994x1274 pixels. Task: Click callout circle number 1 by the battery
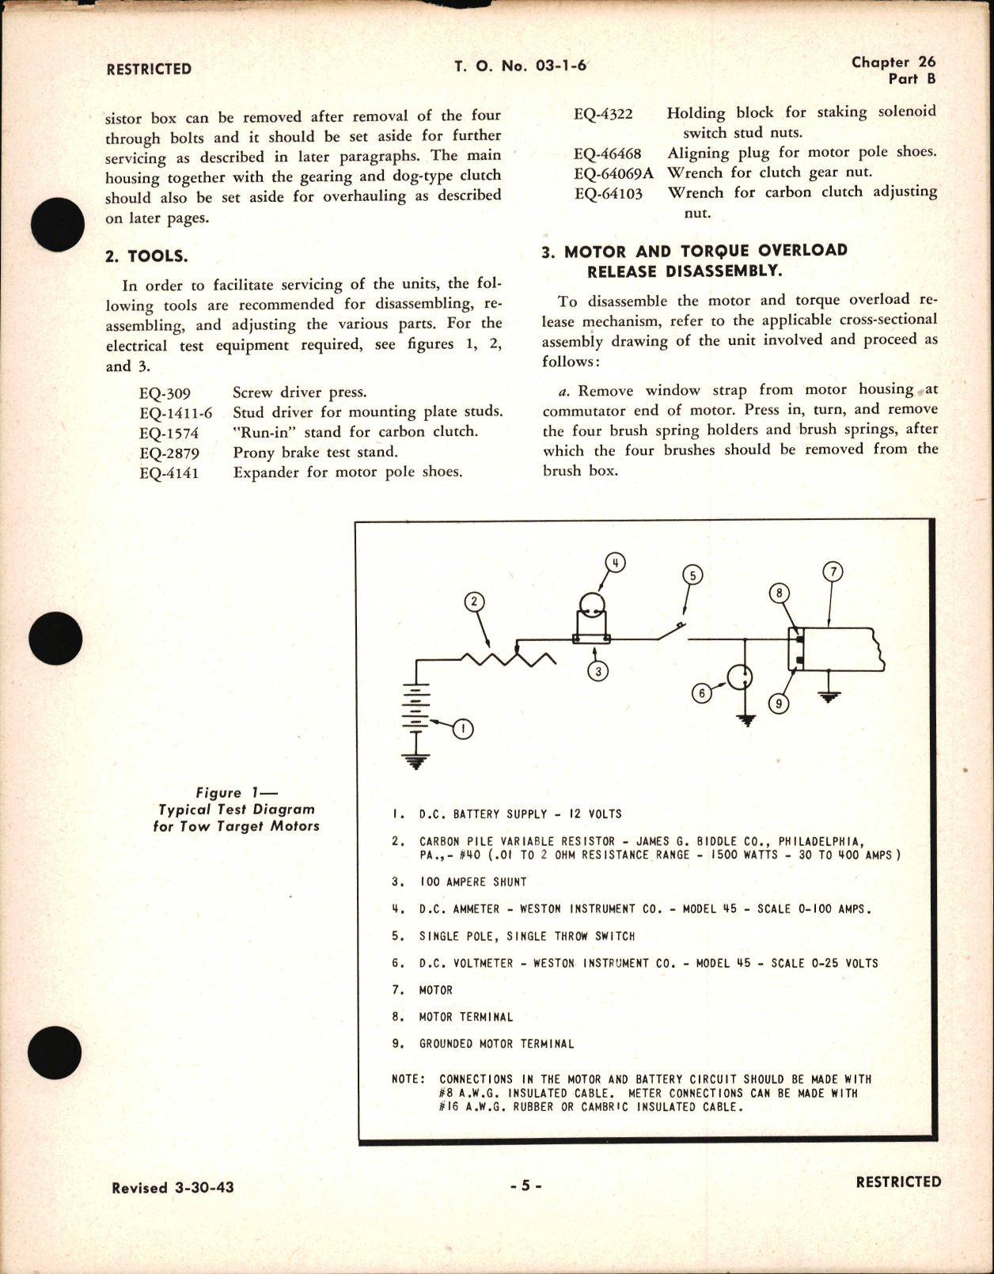(x=462, y=729)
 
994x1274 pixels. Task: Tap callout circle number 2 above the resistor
(x=474, y=602)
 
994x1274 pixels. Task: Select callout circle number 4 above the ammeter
(x=615, y=563)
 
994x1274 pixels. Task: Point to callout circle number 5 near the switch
(x=692, y=575)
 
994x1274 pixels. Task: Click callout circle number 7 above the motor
(x=833, y=571)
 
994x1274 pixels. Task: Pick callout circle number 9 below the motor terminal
(x=779, y=703)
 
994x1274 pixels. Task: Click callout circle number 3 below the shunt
(x=598, y=671)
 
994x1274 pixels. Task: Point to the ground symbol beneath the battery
(x=416, y=761)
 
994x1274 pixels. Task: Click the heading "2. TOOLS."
(x=146, y=256)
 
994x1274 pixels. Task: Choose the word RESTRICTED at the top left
(x=149, y=69)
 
